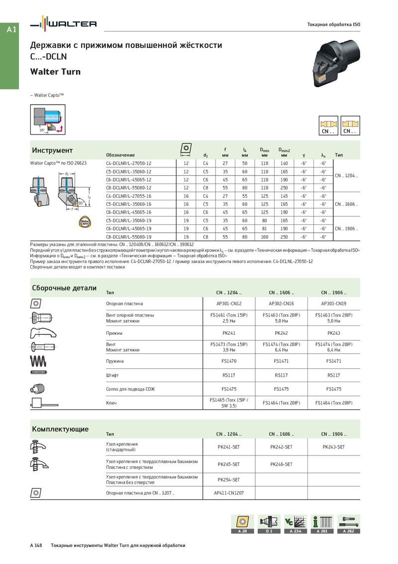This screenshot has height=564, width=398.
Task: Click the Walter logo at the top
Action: click(63, 24)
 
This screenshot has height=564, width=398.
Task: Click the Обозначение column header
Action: click(120, 155)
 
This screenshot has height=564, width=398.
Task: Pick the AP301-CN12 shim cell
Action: click(228, 303)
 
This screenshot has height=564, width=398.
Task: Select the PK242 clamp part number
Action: click(281, 332)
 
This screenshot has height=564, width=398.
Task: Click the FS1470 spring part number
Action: click(228, 361)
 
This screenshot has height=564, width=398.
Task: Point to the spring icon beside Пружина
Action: click(40, 360)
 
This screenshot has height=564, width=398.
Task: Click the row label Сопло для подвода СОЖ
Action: click(130, 389)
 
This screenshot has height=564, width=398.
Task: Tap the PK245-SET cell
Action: click(228, 464)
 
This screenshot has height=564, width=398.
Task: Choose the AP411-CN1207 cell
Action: click(228, 493)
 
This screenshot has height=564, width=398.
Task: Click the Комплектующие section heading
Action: click(60, 429)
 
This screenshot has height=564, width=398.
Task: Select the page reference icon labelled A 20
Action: click(242, 524)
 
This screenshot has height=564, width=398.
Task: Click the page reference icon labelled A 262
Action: click(349, 524)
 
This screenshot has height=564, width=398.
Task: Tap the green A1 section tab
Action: click(12, 30)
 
